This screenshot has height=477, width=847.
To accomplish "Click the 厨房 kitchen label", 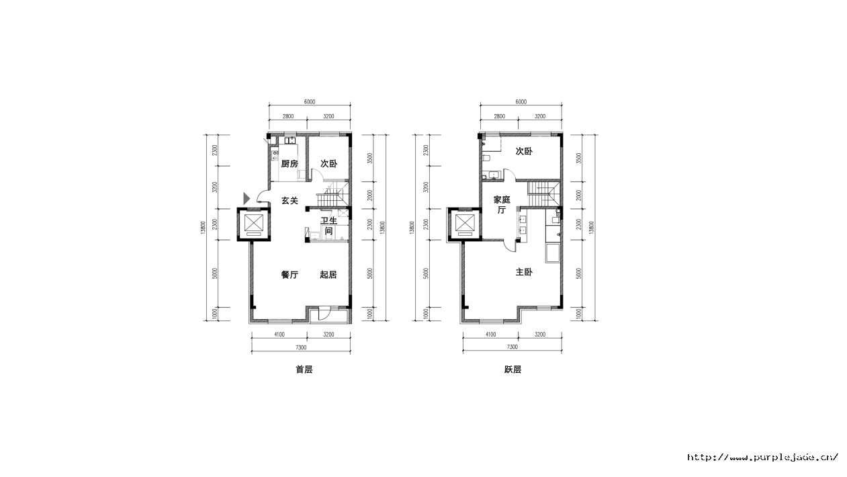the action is point(289,164).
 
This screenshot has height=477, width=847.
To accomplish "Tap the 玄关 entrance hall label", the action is point(289,201).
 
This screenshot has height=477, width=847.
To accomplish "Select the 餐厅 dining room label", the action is point(289,275).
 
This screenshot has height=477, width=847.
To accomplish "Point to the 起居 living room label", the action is point(328,275).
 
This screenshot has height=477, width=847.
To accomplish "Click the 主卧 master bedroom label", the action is point(524,272).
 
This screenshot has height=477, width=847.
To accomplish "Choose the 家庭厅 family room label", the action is point(502,205).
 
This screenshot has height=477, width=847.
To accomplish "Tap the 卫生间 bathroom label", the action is point(328,226).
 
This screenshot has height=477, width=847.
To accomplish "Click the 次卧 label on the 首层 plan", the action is point(328,164).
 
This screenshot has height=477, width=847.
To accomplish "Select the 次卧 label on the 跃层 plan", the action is point(524,151).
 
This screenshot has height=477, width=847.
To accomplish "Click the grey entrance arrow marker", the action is point(247,198).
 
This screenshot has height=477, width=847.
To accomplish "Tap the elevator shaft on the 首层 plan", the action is point(254,224).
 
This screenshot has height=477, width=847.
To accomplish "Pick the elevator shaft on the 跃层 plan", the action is point(464,224).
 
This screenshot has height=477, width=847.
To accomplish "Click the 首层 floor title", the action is point(304,370).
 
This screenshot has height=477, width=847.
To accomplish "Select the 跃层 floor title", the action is point(512,370).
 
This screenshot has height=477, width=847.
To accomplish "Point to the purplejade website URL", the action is point(762,458).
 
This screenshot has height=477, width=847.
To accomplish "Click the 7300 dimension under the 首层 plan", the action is point(301,347).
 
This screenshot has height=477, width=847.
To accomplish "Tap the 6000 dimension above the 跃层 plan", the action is point(521,101).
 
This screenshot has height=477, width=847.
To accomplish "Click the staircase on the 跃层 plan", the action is point(543,193).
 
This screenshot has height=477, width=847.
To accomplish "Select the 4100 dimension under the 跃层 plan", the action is point(490,335).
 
